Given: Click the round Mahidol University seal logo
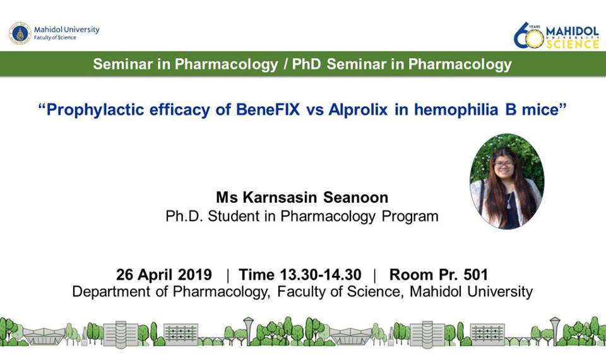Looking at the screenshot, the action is click(x=20, y=33).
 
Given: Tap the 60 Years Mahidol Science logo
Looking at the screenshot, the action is click(x=556, y=35).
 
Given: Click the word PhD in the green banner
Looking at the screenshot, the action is click(x=307, y=64).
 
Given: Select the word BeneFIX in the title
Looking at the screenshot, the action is click(x=268, y=110).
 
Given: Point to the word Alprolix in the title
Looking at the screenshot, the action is click(x=358, y=110).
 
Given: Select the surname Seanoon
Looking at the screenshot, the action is click(x=355, y=198).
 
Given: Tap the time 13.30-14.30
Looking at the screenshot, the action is click(x=321, y=275).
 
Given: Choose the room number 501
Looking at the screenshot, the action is click(x=475, y=275).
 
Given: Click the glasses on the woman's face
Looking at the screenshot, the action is click(x=504, y=164).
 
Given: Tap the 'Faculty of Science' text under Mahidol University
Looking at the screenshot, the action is click(x=55, y=37).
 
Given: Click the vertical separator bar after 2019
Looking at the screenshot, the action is click(x=227, y=275).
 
